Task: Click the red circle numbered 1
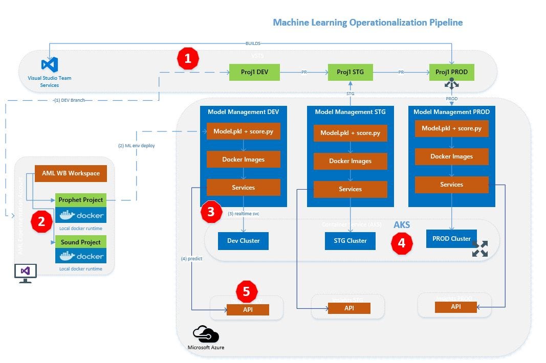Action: click(188, 59)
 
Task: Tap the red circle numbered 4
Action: click(402, 243)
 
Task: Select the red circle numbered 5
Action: click(247, 291)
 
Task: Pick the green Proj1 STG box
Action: click(350, 72)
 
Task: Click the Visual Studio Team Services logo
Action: click(50, 64)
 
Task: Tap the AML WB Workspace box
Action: click(71, 173)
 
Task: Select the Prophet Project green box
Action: click(81, 200)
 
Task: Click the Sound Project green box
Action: click(81, 242)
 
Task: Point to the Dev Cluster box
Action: click(243, 241)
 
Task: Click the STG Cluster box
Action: click(350, 241)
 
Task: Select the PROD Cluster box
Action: click(451, 239)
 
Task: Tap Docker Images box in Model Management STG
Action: click(350, 161)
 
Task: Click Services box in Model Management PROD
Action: click(451, 185)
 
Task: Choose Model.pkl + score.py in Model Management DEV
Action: click(243, 131)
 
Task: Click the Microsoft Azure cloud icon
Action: click(206, 335)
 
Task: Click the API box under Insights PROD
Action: click(455, 307)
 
